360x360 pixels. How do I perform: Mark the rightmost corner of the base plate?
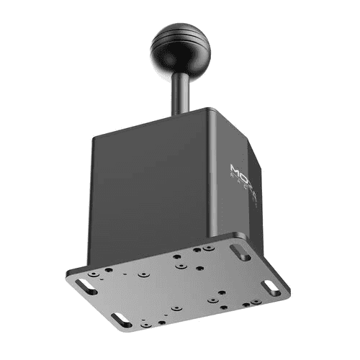tap(290, 292)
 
